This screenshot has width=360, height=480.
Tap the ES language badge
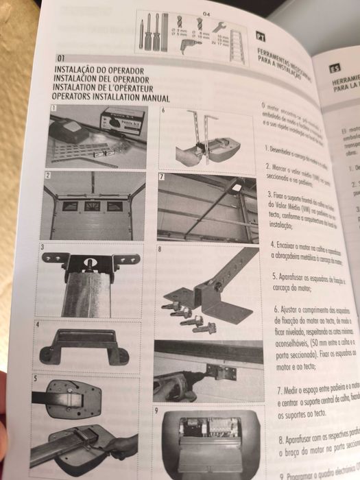coord(335,67)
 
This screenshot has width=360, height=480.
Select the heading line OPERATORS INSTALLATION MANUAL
coord(110,97)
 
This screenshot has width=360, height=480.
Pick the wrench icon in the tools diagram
coord(220,27)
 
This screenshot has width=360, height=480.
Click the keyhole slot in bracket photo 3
coord(91,261)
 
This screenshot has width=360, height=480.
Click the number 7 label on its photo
coord(163,177)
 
